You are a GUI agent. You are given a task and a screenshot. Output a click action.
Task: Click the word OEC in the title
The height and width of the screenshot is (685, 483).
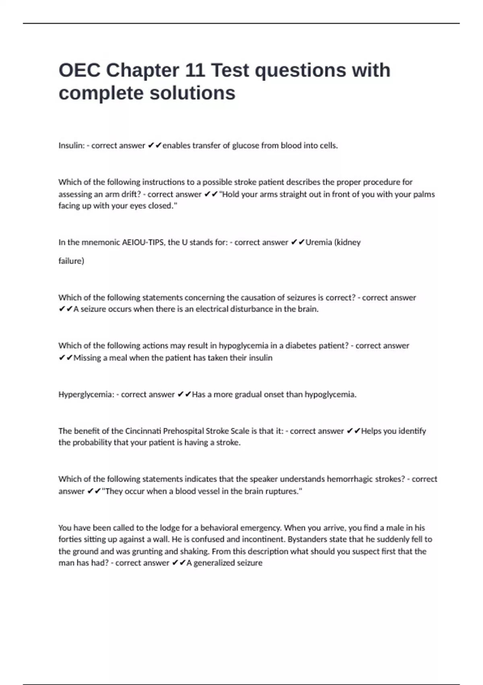[79, 70]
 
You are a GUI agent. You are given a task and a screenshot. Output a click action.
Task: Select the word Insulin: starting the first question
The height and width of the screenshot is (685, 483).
[71, 145]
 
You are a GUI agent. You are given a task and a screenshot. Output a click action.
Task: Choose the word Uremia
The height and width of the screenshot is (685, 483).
[319, 242]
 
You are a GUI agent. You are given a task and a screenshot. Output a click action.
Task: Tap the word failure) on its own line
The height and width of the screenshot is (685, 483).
[71, 261]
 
